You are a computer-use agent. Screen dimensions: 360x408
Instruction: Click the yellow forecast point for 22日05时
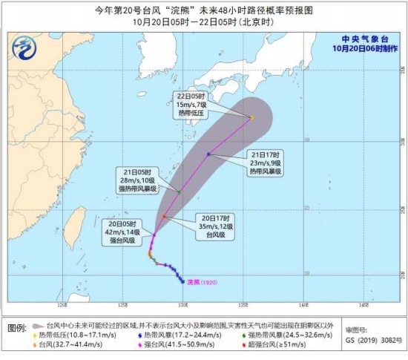(252, 117)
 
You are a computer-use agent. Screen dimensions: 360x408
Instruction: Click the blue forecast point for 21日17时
(209, 154)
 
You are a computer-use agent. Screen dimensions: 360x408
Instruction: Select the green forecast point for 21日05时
(179, 192)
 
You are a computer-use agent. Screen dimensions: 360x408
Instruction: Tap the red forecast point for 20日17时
(165, 217)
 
